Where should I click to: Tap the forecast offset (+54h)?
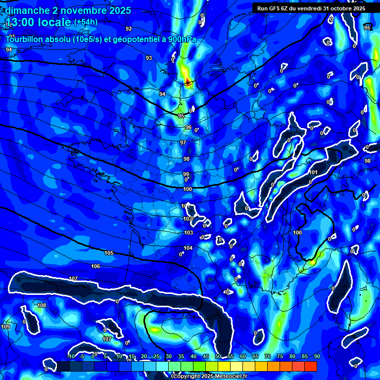pyautogui.click(x=86, y=22)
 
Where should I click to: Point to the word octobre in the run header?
pyautogui.click(x=336, y=8)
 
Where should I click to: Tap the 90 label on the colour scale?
pyautogui.click(x=317, y=356)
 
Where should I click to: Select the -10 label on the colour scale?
pyautogui.click(x=71, y=356)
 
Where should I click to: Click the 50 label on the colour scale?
pyautogui.click(x=218, y=356)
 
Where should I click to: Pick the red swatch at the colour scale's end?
pyautogui.click(x=311, y=366)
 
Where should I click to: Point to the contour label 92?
pyautogui.click(x=129, y=29)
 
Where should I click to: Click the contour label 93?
pyautogui.click(x=149, y=58)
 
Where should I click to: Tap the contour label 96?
pyautogui.click(x=188, y=127)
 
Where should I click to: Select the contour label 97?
pyautogui.click(x=183, y=142)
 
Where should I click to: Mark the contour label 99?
pyautogui.click(x=186, y=174)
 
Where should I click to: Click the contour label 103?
pyautogui.click(x=189, y=233)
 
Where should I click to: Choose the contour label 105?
pyautogui.click(x=109, y=253)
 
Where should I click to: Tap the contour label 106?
pyautogui.click(x=95, y=266)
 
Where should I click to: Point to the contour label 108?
pyautogui.click(x=42, y=305)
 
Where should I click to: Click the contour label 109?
pyautogui.click(x=6, y=327)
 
